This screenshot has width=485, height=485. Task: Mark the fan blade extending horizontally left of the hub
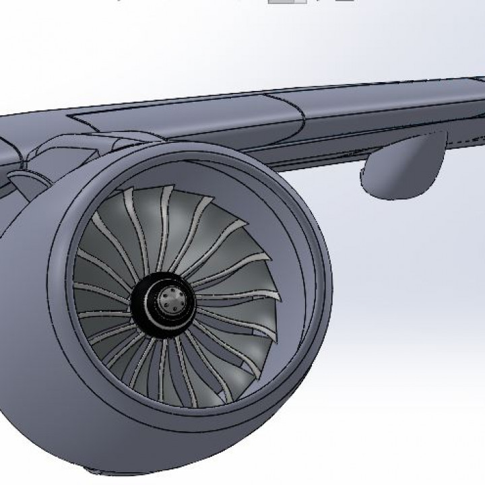[101, 296]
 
